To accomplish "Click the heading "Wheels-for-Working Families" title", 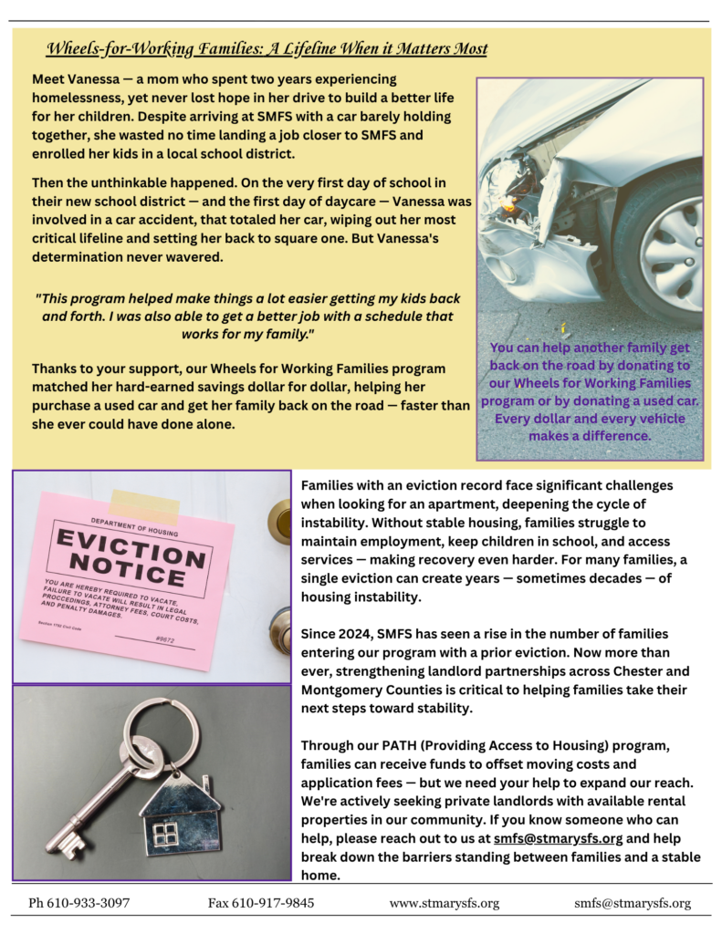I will pos(267,48).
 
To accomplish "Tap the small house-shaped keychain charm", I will pos(179,814).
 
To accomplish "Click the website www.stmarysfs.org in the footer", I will pos(444,903).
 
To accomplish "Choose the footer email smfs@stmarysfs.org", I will pos(632,903).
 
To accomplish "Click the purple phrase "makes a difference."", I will pos(590,435).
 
